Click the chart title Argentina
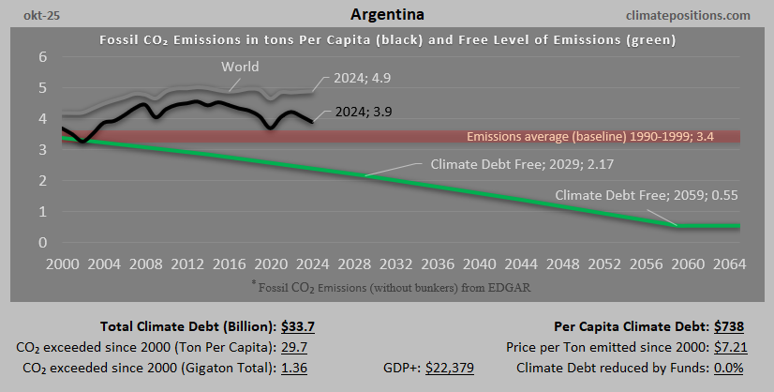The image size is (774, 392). [386, 15]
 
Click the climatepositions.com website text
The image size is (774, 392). [692, 15]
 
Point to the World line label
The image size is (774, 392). [240, 67]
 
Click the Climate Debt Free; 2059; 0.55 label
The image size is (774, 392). [652, 195]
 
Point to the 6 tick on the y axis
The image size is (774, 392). [42, 57]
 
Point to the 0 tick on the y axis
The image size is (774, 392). [42, 243]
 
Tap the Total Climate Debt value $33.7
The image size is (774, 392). [297, 326]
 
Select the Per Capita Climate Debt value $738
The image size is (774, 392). [727, 326]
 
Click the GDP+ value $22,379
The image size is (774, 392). [450, 367]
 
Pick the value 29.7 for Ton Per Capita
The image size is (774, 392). [295, 347]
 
